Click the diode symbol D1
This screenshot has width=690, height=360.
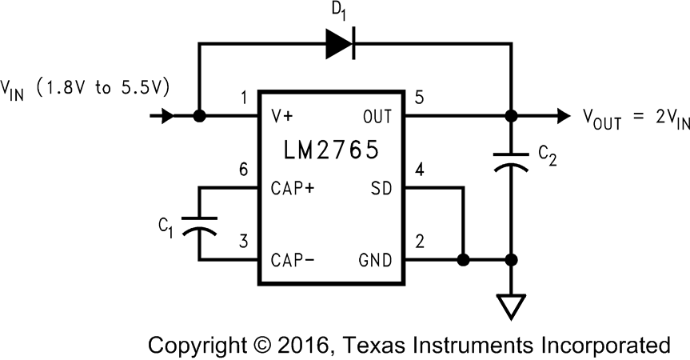click(339, 46)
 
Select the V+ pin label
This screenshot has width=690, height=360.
click(284, 117)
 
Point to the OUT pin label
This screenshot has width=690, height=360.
click(377, 117)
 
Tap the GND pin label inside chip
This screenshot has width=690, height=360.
click(377, 260)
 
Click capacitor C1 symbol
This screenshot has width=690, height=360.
click(199, 225)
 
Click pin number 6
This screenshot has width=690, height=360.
click(244, 170)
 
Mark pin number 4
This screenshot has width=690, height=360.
click(419, 170)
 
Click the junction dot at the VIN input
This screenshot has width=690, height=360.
click(199, 116)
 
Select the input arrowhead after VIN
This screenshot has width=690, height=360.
click(166, 116)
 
